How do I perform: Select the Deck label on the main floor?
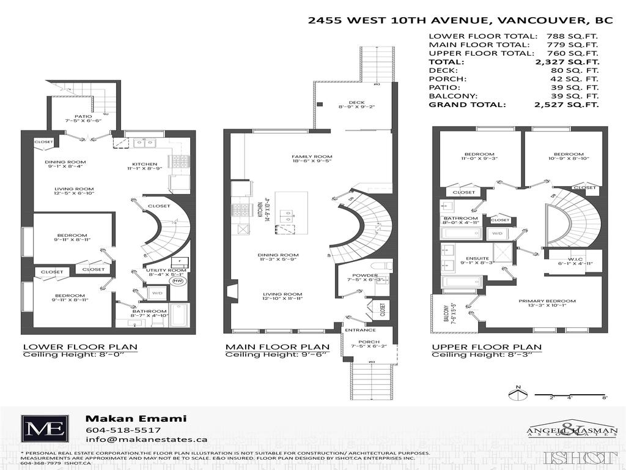coord(356,102)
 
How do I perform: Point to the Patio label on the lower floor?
coord(83,116)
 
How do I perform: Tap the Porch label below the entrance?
coord(369,341)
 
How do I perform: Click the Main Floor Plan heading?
coord(278,347)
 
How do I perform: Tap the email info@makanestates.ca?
coord(146,439)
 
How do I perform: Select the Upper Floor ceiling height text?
coord(487,355)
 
